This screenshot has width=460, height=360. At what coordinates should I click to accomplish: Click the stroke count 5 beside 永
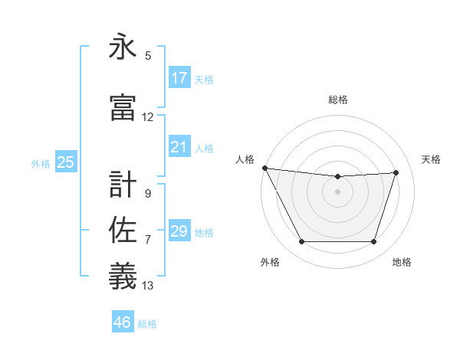[148, 56]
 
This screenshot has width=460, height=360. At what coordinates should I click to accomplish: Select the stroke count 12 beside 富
[148, 117]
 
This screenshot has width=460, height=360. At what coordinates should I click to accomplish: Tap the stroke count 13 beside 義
[148, 286]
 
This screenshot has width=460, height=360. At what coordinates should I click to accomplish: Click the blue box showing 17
[179, 78]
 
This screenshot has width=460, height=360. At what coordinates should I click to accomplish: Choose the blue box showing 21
[179, 147]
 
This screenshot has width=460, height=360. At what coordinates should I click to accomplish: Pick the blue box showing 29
[179, 231]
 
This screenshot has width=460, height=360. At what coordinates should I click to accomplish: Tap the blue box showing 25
[66, 162]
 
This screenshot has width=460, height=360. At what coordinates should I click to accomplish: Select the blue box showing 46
[123, 322]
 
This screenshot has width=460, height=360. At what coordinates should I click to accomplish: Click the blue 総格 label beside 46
[147, 324]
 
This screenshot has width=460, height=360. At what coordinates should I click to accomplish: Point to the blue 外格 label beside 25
[41, 164]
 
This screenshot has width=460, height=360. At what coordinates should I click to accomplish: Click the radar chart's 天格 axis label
[431, 159]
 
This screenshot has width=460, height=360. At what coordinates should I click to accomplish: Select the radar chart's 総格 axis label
[337, 100]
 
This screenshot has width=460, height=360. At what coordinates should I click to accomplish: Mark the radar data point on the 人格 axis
[264, 168]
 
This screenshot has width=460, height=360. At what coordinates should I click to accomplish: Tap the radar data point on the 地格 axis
[373, 242]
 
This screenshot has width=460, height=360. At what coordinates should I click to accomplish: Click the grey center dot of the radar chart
[337, 191]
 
